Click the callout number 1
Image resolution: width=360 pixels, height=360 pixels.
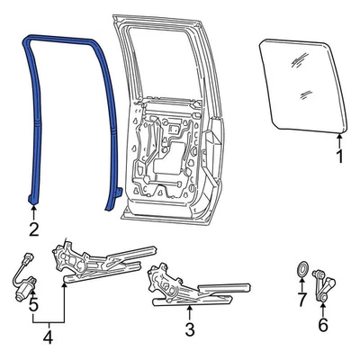tap(339, 157)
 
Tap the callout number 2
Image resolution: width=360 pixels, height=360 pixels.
tap(33, 229)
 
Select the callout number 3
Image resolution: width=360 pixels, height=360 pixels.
tap(189, 329)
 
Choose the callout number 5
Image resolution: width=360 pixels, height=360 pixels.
tap(33, 304)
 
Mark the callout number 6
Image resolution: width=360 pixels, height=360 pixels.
tap(323, 327)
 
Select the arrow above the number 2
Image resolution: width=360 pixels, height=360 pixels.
tap(33, 212)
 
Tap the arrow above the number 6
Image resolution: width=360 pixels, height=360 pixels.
tap(323, 310)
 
